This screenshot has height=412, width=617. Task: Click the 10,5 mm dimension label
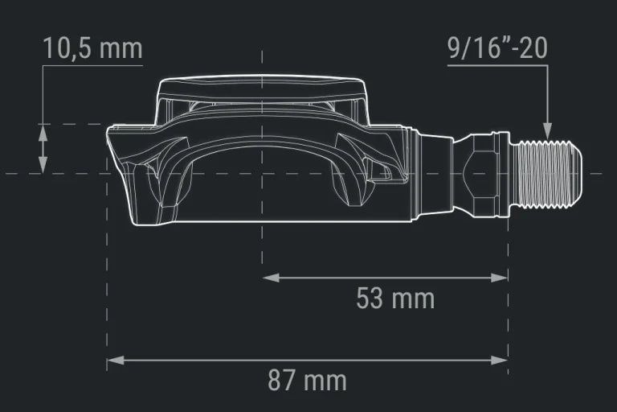coord(92,48)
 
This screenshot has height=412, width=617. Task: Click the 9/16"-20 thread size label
coord(497,48)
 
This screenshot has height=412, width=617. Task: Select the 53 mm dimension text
coord(394,299)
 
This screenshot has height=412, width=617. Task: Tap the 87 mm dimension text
coord(308,380)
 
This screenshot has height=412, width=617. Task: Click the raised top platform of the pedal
coord(263,87)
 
